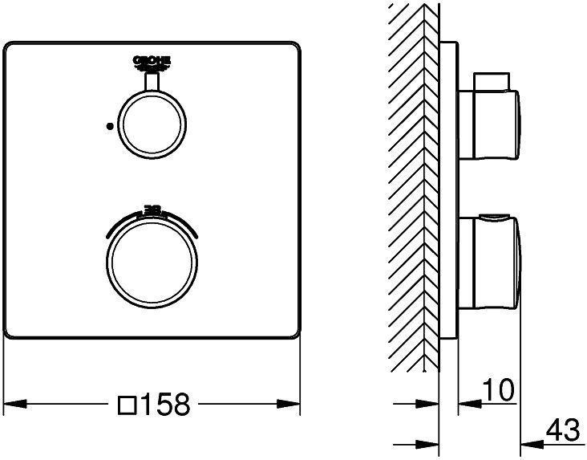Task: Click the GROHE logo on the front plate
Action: (x=152, y=62)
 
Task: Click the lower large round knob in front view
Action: (x=152, y=259)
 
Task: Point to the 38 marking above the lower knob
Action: (x=152, y=210)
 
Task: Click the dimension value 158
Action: (x=165, y=405)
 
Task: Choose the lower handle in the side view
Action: (x=491, y=261)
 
